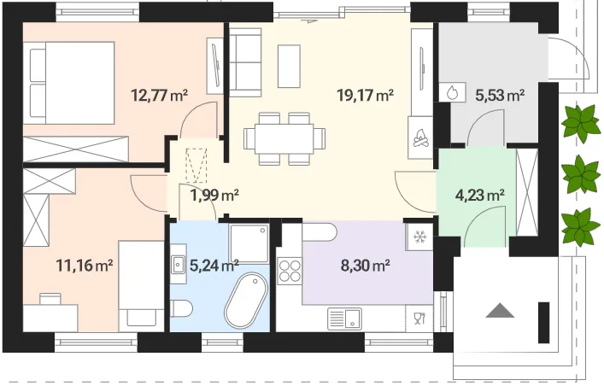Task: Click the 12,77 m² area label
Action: [160, 95]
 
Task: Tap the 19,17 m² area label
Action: [365, 95]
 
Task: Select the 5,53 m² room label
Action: [500, 95]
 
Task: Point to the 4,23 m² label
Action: [480, 196]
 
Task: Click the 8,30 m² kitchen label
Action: [366, 265]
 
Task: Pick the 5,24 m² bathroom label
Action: [214, 265]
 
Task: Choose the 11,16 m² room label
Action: [85, 265]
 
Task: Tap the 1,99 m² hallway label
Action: [214, 196]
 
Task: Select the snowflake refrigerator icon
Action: [419, 237]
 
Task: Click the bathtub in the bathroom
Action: [246, 301]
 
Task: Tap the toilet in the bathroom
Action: [180, 308]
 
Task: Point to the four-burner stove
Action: [290, 271]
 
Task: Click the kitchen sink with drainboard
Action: [345, 319]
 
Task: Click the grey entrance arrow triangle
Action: [500, 310]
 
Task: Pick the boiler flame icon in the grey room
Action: [452, 92]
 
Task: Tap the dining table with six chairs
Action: [284, 138]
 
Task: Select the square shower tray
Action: [249, 244]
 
